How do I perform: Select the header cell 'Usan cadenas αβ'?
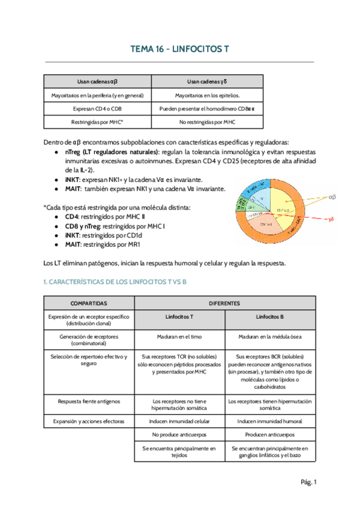[x=97, y=81]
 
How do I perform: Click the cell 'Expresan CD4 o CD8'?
[x=97, y=109]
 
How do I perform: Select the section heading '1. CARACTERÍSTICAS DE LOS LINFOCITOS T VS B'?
[x=116, y=282]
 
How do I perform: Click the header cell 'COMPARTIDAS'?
[x=89, y=303]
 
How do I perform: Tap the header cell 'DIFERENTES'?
[x=224, y=303]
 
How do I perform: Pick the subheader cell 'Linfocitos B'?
[x=269, y=316]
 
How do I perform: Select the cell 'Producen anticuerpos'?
[x=269, y=434]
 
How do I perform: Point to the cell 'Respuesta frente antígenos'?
[x=89, y=401]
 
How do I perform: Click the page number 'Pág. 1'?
[x=308, y=482]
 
